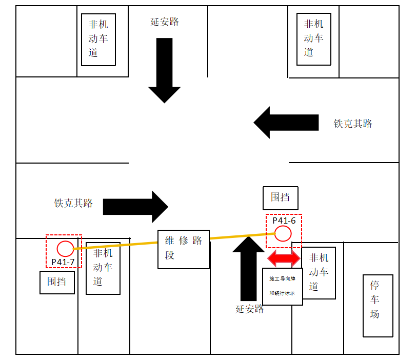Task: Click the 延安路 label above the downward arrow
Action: [x=165, y=22]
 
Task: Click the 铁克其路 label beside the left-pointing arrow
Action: [x=353, y=124]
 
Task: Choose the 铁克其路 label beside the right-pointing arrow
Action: [x=73, y=203]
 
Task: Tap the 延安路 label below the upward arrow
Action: [x=250, y=309]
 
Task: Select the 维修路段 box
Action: [x=184, y=249]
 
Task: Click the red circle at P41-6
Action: [x=283, y=234]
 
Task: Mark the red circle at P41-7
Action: [x=65, y=249]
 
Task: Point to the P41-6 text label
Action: [x=284, y=221]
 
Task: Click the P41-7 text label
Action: [x=63, y=262]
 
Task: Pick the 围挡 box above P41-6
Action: [x=280, y=198]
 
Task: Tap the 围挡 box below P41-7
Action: [x=57, y=282]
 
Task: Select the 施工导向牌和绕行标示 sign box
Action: [x=282, y=286]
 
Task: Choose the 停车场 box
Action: [x=378, y=306]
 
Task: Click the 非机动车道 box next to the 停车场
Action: [x=319, y=273]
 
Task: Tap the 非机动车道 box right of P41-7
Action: [x=103, y=268]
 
